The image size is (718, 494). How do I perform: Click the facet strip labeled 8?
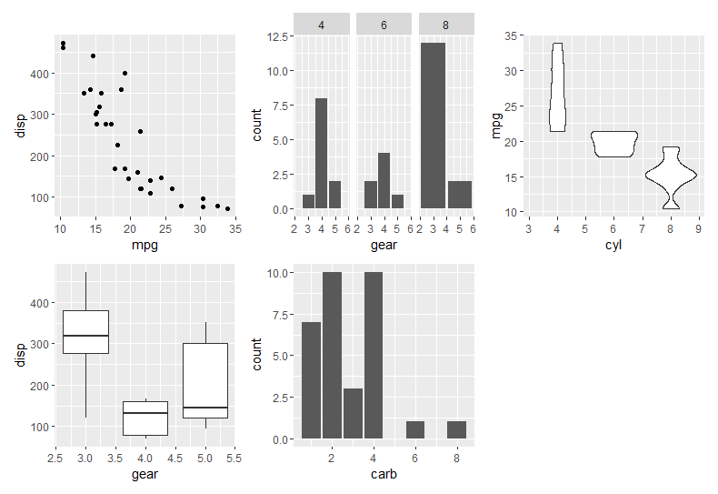tap(446, 25)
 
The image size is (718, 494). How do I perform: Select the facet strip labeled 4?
tap(321, 25)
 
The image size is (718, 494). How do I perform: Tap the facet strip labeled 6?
tap(384, 25)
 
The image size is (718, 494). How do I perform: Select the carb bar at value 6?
tap(414, 429)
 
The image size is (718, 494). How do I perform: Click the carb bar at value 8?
tap(456, 429)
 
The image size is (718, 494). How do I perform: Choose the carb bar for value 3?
tap(352, 413)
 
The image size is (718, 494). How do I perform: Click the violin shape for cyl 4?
tap(557, 87)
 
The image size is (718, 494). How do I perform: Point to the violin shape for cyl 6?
tap(613, 144)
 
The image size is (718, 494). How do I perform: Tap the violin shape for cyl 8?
tap(671, 177)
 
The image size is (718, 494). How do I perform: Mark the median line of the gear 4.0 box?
tap(145, 413)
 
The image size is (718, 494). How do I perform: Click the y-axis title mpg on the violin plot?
tap(496, 125)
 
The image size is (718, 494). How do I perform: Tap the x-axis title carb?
tap(384, 474)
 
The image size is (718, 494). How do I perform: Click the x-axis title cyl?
tap(613, 245)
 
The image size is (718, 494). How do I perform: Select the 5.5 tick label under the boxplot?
tap(234, 459)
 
